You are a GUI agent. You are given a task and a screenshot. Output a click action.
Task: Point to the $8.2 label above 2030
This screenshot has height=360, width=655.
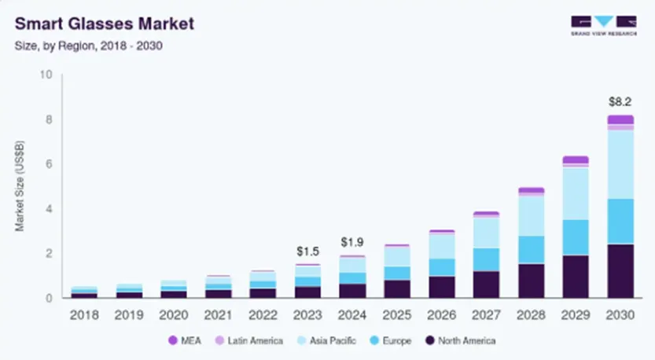coord(620,102)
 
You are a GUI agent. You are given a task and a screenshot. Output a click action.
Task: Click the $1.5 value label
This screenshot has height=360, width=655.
coord(308,251)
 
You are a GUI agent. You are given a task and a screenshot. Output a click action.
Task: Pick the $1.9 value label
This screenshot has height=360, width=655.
coord(353,242)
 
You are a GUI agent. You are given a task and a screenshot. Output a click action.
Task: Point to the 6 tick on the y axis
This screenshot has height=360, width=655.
coord(49,164)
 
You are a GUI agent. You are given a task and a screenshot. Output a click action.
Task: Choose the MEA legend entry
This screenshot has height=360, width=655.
coord(183,340)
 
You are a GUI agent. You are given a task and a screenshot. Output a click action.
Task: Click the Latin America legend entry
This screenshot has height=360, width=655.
coord(249,340)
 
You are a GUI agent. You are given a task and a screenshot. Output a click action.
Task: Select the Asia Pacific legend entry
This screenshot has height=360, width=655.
coord(329,340)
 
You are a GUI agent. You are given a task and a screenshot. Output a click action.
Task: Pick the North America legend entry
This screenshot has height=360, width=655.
coord(461,340)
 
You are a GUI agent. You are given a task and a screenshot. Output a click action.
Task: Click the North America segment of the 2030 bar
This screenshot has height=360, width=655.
coord(620,271)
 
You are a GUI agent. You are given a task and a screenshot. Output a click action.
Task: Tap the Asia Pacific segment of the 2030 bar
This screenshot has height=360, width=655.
coord(620,164)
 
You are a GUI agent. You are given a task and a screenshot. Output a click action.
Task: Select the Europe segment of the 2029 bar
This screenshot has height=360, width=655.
coord(576,237)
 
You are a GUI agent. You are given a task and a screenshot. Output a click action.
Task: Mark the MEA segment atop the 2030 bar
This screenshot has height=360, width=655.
coord(620,119)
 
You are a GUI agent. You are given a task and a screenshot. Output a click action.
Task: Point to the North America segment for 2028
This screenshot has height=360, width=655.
coord(531,281)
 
